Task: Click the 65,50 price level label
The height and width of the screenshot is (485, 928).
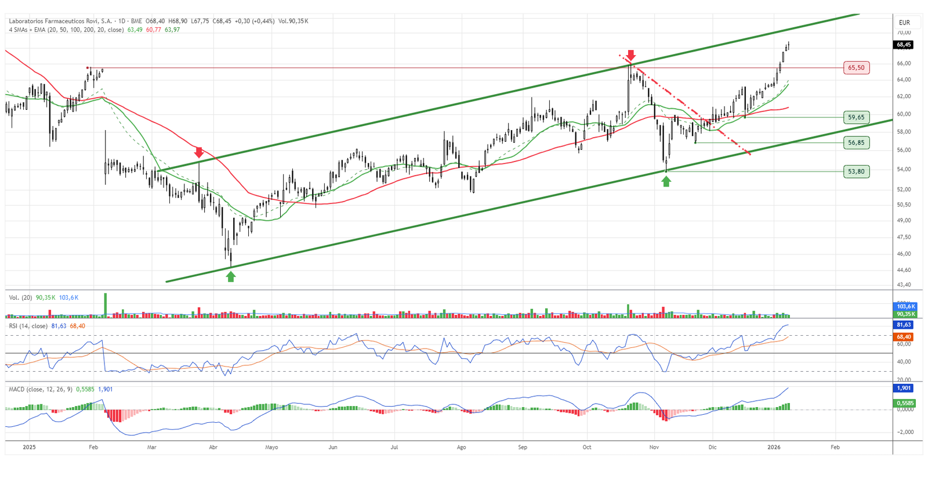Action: coord(856,68)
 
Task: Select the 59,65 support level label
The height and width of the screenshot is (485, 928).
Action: coord(856,117)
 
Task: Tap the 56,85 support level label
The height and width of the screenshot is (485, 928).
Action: coord(856,143)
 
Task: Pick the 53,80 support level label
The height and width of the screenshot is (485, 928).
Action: coord(856,171)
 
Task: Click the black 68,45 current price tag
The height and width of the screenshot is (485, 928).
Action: coord(904,45)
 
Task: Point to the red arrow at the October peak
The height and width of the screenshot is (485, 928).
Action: coord(631,55)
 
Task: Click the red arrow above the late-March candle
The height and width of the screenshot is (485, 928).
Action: coord(199,153)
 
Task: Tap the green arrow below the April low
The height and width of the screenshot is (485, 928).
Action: coord(231,276)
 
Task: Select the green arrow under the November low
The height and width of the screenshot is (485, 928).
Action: coord(666,181)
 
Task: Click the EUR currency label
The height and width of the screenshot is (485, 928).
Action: coord(904,23)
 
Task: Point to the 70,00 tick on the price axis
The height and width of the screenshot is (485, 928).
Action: coord(904,33)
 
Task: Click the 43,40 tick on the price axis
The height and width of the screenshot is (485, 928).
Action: coord(904,285)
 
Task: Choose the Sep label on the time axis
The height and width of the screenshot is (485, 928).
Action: coord(523,447)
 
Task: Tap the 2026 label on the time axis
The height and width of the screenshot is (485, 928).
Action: coord(774,447)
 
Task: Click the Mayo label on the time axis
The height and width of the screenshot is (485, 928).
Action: coord(271,447)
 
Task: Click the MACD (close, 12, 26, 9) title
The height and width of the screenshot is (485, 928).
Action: coord(41,389)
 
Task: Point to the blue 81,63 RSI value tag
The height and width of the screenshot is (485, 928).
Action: coord(904,325)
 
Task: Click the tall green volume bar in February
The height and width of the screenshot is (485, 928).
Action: coord(106,305)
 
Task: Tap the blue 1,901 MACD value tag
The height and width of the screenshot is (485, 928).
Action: coord(904,388)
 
